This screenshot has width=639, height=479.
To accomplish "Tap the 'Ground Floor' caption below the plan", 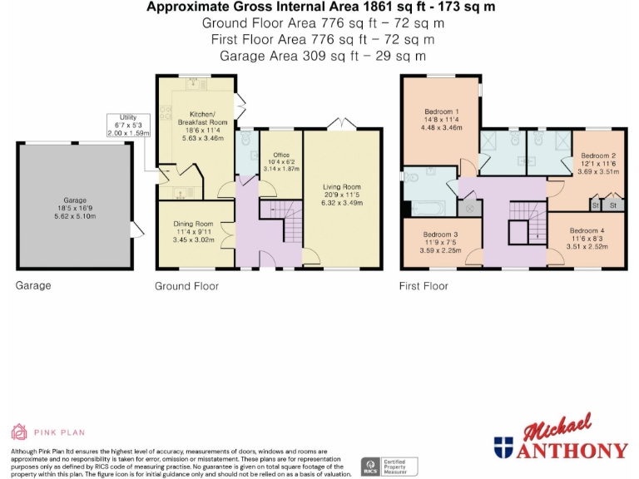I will tap(186, 286).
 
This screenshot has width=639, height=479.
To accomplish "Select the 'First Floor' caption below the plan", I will tap(424, 286).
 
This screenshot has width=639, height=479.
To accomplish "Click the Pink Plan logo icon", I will tap(18, 432).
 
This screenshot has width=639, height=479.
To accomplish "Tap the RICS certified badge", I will tap(368, 465).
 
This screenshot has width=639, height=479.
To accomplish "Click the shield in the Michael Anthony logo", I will tap(503, 447).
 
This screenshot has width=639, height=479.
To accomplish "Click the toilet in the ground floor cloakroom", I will tap(247, 141).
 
